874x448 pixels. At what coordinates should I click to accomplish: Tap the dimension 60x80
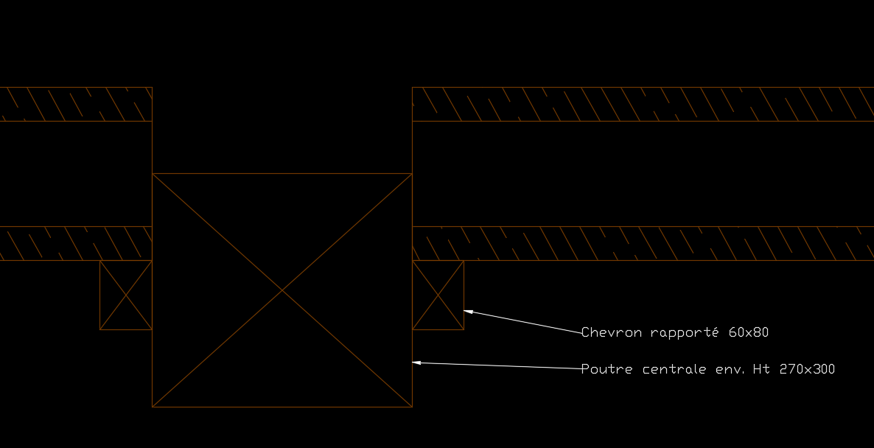[x=748, y=332]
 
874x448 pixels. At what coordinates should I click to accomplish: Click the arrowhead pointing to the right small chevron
[x=468, y=312]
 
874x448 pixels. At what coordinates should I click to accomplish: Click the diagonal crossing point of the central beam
[x=282, y=290]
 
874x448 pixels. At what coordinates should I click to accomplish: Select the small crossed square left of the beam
[x=126, y=295]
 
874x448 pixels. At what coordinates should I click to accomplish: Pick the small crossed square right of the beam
[x=438, y=295]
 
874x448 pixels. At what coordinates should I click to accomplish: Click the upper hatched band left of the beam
[x=74, y=104]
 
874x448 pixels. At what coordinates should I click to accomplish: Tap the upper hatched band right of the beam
[x=641, y=104]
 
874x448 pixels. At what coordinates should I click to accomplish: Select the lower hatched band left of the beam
[x=74, y=243]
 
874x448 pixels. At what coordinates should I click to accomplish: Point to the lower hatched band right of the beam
[x=641, y=243]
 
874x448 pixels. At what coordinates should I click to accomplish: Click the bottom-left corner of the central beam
[x=153, y=407]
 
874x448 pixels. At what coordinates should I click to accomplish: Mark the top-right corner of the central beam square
[x=412, y=174]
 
